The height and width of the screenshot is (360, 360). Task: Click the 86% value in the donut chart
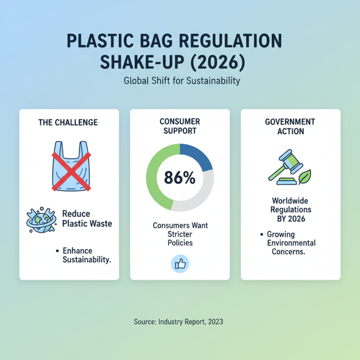[180, 178]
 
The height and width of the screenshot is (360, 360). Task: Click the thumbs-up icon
[180, 264]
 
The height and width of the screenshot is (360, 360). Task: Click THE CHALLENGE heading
[69, 122]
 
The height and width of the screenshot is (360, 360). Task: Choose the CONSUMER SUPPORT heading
[180, 126]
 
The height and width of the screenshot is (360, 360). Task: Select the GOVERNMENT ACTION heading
[290, 126]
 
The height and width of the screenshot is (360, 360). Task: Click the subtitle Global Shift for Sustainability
[181, 81]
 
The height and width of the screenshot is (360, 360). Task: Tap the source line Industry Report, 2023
[179, 322]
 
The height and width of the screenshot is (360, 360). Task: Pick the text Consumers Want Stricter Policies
[180, 234]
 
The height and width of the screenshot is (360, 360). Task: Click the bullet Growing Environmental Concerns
[291, 243]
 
